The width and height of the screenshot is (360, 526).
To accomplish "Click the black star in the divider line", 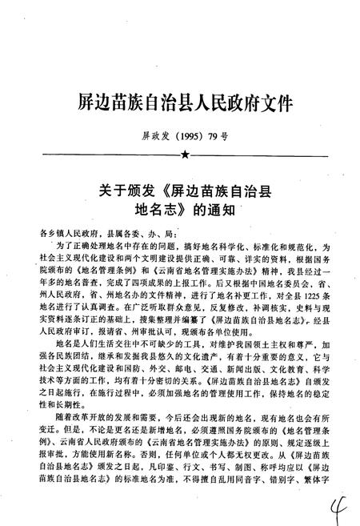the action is tap(186, 152).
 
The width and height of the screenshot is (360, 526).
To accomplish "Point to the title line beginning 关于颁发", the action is tap(186, 192).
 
